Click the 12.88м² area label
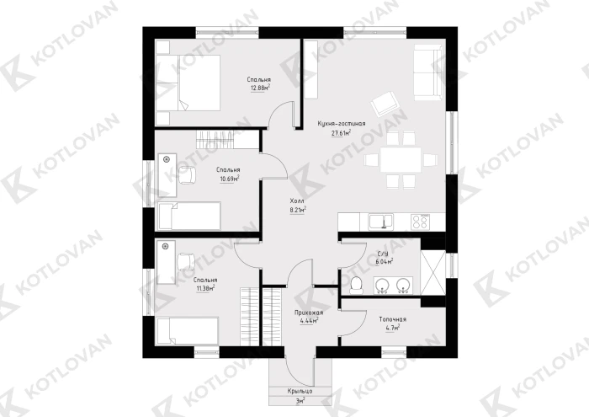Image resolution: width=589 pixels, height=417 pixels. tap(260, 88)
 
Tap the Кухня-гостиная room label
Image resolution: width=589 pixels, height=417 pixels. tap(342, 123)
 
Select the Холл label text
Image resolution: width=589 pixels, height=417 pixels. tap(297, 200)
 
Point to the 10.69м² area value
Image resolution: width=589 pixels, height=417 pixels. tap(230, 179)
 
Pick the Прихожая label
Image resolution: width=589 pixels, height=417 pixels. tap(309, 313)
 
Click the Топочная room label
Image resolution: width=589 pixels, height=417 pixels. tap(393, 319)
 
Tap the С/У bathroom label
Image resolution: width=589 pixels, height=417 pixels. tap(383, 254)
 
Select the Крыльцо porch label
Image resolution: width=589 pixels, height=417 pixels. tap(300, 391)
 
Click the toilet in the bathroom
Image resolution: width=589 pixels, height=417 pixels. tap(356, 286)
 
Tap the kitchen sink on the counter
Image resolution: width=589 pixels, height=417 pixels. tap(380, 222)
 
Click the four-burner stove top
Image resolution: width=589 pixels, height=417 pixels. tap(421, 222)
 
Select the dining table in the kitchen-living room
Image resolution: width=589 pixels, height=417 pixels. tap(401, 159)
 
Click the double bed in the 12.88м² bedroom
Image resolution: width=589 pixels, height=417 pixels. tap(188, 83)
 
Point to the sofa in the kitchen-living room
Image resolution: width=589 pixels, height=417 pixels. tap(427, 72)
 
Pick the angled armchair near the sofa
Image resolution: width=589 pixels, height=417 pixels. tap(385, 103)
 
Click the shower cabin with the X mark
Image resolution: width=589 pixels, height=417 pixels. tap(432, 273)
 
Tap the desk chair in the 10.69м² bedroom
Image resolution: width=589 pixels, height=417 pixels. tap(187, 175)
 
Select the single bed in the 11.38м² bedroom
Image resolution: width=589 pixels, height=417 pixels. tap(188, 330)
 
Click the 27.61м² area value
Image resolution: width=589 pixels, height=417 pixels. tap(341, 133)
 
